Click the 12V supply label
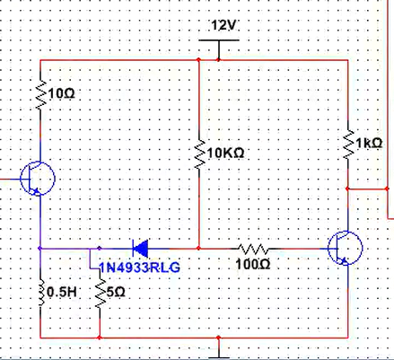[x=224, y=25]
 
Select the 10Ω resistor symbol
[x=41, y=95]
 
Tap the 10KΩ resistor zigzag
[x=199, y=152]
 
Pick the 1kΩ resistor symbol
[x=348, y=145]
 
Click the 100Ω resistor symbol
[x=254, y=249]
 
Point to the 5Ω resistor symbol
[x=100, y=293]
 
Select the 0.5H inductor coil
[x=41, y=293]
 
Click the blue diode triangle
[x=140, y=249]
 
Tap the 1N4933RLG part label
[x=139, y=268]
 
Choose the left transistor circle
[x=38, y=179]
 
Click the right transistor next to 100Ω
[x=346, y=248]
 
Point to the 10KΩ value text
[x=225, y=154]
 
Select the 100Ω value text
[x=253, y=265]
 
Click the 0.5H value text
[x=62, y=292]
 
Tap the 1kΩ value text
[x=369, y=144]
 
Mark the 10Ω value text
[x=61, y=93]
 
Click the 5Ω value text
[x=116, y=292]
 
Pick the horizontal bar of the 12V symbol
[x=219, y=40]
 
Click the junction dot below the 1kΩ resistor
[x=347, y=189]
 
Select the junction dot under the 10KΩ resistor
[x=198, y=248]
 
